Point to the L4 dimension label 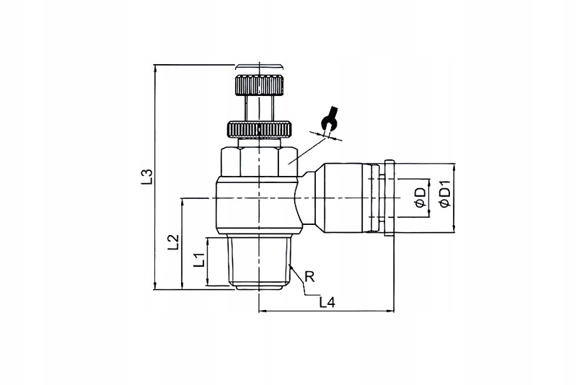tap(327, 303)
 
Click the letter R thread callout tap(309, 275)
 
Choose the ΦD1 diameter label tap(444, 195)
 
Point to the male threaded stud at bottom tap(257, 263)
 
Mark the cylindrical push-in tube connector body tap(348, 197)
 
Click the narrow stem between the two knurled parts tap(257, 110)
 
